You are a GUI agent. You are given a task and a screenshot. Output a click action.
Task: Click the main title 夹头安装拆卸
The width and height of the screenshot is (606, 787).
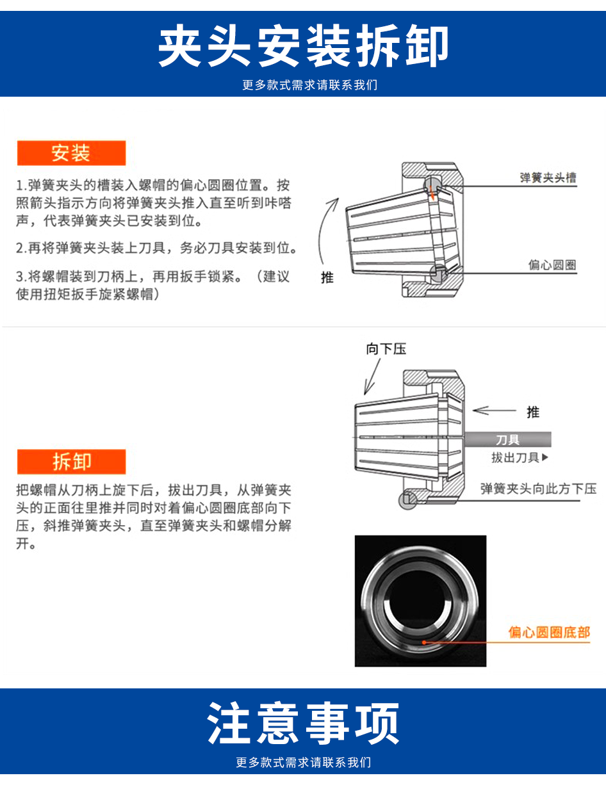point(304,46)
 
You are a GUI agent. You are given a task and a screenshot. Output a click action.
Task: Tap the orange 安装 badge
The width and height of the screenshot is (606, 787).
point(71,153)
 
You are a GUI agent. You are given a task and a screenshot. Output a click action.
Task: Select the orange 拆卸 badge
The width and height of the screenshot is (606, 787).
point(71,462)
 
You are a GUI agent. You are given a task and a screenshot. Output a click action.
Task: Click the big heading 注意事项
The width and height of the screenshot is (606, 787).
point(304,722)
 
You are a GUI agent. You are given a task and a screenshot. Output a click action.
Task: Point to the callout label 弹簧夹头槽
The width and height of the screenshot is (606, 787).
point(548,177)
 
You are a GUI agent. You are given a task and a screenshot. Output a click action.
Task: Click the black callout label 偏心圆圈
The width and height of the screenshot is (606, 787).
point(552,264)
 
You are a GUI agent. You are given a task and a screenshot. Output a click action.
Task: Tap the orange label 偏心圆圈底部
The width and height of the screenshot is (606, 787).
point(549,632)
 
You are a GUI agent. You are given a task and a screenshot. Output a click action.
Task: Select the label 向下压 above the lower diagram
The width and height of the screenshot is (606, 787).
point(386,349)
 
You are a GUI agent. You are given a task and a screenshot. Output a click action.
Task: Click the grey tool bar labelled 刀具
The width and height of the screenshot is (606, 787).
point(508,439)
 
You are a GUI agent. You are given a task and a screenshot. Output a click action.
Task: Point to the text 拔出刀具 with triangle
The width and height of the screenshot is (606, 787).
point(520,458)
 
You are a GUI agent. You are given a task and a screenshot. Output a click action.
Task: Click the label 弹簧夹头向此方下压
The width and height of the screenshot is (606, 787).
point(538,489)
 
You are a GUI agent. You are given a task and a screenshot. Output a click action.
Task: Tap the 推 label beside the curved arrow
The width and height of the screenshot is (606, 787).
point(327,277)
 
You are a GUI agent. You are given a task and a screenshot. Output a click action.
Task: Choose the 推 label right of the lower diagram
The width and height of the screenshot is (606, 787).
point(533,412)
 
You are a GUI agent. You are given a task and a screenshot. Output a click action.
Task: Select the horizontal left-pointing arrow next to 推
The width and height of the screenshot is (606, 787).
point(494,410)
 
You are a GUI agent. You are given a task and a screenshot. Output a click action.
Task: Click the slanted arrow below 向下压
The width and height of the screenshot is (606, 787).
point(372,377)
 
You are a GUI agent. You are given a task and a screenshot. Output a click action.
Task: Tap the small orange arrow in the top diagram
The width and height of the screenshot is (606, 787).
point(431,192)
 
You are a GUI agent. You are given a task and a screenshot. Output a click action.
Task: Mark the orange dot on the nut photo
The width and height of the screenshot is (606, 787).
point(424,642)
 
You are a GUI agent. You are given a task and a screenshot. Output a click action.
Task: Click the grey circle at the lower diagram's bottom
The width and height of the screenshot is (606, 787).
point(408,500)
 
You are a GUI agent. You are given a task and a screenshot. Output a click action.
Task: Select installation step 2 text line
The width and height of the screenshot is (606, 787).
point(157,248)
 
